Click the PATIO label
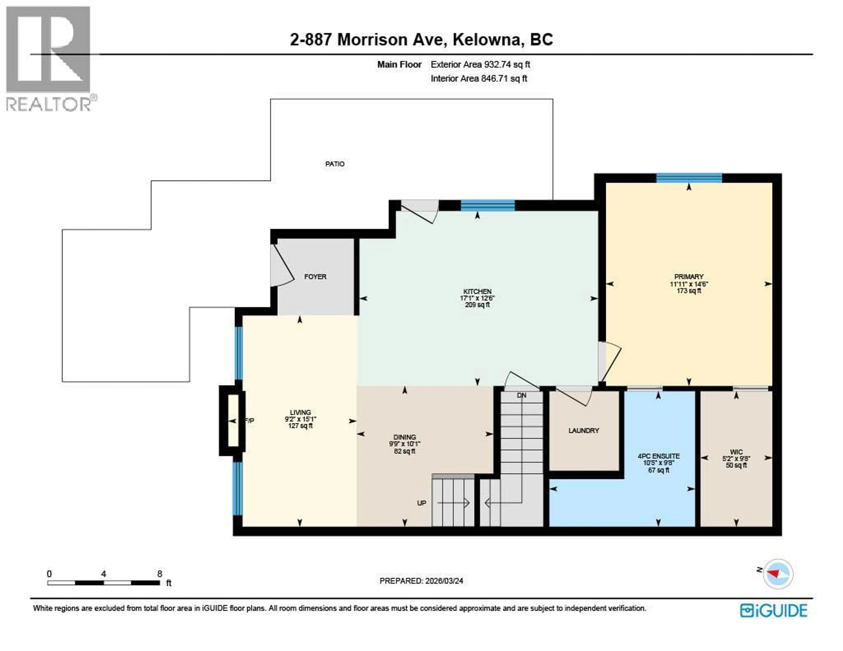pos(334,164)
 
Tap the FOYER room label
pos(315,277)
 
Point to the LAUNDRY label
pos(583,431)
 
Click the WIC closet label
pos(736,452)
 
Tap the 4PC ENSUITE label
pos(659,456)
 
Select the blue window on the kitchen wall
pos(488,205)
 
